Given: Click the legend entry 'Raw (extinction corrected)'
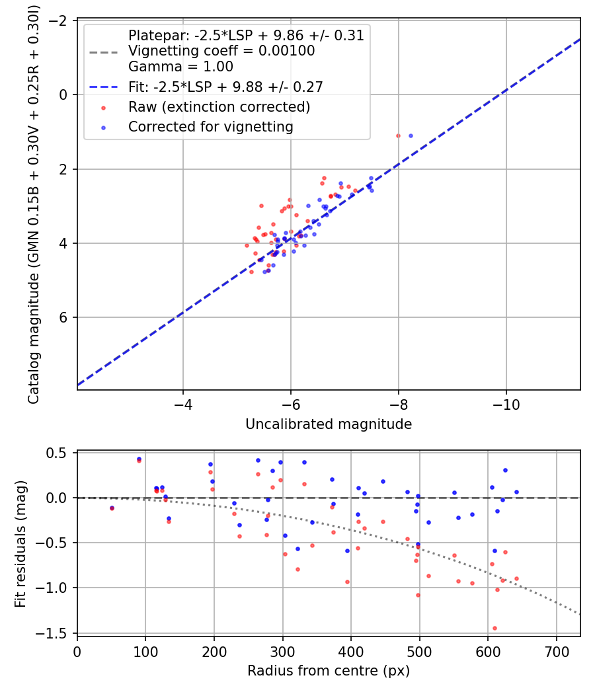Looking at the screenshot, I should click(219, 106).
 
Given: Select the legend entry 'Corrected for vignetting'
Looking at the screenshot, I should click(211, 126).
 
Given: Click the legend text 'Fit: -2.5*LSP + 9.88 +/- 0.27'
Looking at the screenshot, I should click(225, 87).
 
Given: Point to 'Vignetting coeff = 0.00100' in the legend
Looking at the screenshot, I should click(221, 50).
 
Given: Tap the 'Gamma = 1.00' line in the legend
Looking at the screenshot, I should click(180, 66).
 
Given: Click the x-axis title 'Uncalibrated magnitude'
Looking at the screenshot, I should click(329, 424).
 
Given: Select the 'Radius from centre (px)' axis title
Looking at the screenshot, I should click(329, 671).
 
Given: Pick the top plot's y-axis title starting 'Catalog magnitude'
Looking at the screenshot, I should click(33, 206).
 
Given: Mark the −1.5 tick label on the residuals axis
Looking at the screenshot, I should click(56, 633).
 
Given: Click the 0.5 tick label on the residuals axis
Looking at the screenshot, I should click(60, 453).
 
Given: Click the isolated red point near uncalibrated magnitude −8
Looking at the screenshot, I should click(398, 135).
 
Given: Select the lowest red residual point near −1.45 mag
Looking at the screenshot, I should click(495, 628).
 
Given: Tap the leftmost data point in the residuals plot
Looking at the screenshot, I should click(112, 508).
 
